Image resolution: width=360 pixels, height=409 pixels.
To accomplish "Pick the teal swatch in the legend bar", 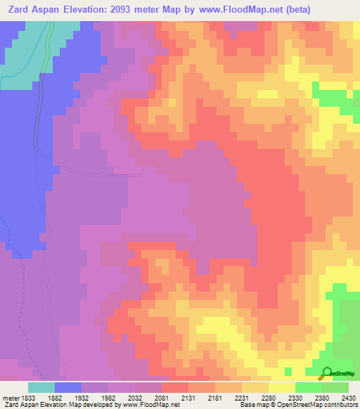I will coord(41,387).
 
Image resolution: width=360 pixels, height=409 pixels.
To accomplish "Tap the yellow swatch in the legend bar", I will coord(281,387).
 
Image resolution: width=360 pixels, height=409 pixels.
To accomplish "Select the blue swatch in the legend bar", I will coord(68,387).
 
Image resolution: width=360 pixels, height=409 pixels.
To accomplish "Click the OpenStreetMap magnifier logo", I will coord(327,372).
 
